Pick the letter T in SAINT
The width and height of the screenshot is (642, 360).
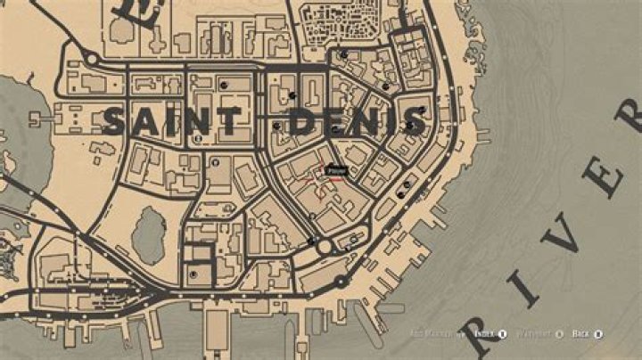[x=229, y=120]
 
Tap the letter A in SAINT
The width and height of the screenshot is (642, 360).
[x=144, y=121]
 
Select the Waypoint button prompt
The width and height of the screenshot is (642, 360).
[x=535, y=334]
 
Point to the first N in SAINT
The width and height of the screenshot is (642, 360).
[x=198, y=121]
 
